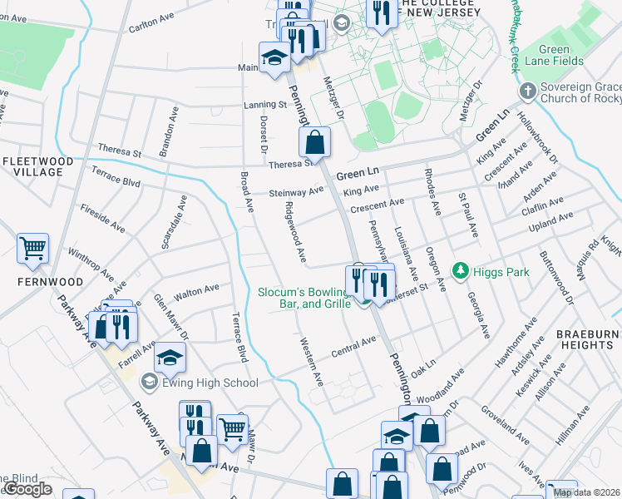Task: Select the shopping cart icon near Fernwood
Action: pyautogui.click(x=32, y=246)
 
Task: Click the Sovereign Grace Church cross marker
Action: pyautogui.click(x=526, y=89)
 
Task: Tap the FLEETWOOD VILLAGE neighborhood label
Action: pyautogui.click(x=33, y=166)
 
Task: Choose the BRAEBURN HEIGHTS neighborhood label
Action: pyautogui.click(x=585, y=338)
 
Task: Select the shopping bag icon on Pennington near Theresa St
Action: pyautogui.click(x=315, y=142)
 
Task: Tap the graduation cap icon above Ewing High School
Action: pyautogui.click(x=170, y=357)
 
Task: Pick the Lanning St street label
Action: pyautogui.click(x=264, y=105)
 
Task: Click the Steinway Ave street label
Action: pyautogui.click(x=296, y=192)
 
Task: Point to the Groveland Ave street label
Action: pyautogui.click(x=505, y=425)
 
